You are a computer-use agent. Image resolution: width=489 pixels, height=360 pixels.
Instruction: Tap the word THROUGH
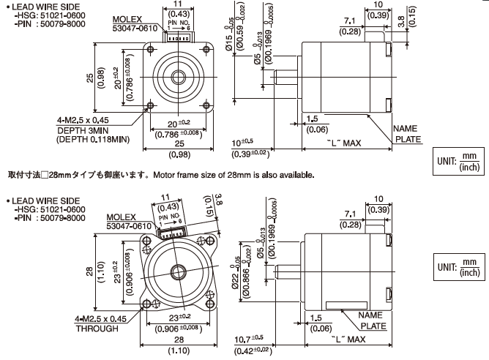coord(97,329)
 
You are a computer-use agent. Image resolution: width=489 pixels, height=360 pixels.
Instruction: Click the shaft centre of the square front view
coord(178,76)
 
